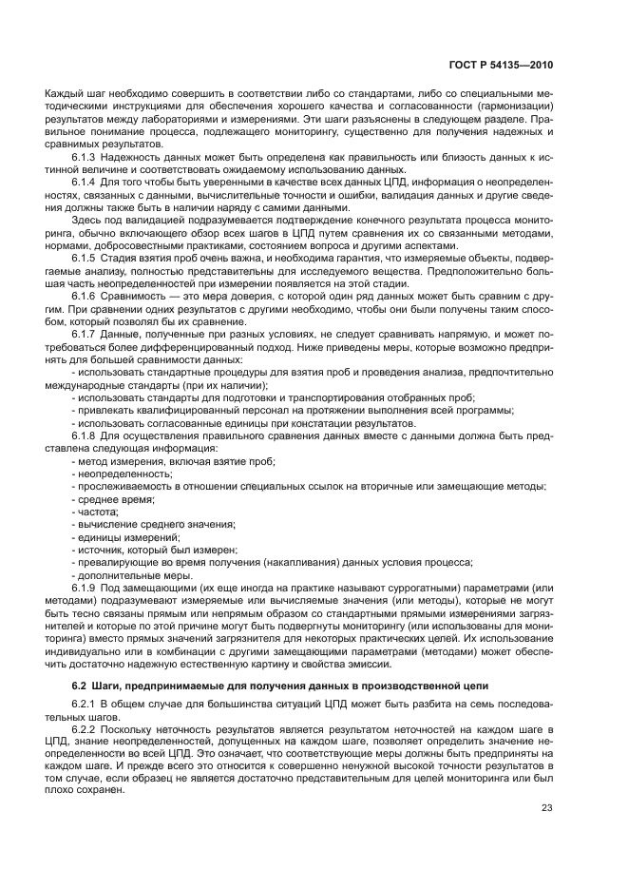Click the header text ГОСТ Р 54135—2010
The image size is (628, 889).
[501, 65]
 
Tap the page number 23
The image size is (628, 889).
[547, 808]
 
